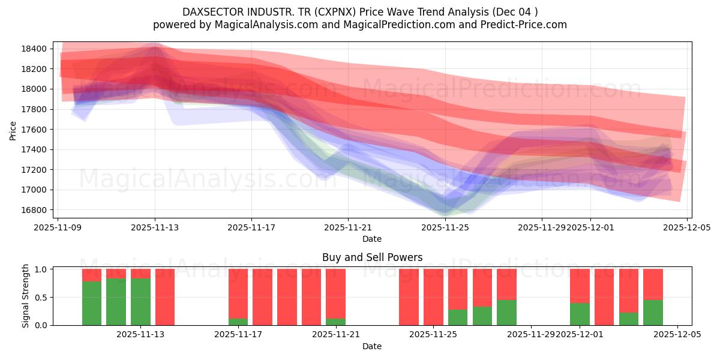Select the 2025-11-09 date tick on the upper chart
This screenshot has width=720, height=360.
point(58,227)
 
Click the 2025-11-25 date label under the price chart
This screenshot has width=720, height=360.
point(445,227)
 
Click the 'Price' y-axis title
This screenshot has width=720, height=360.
point(13,130)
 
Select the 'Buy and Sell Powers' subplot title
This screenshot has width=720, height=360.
point(372,257)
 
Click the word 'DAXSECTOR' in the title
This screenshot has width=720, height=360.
point(209,12)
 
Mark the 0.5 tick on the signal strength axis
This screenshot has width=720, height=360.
point(42,298)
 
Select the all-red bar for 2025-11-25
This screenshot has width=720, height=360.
point(433,297)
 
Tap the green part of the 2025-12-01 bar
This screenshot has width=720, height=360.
point(580,314)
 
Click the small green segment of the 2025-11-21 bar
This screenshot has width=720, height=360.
point(335,322)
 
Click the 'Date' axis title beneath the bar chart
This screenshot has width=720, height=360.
point(372,346)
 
